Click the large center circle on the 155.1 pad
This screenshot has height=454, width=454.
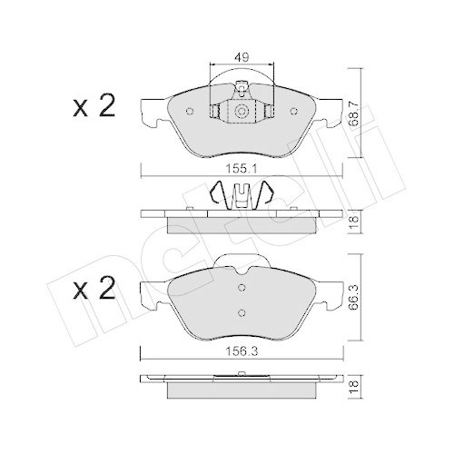(x=242, y=112)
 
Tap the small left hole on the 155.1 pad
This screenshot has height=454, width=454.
(x=190, y=112)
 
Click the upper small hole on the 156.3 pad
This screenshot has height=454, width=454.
(x=242, y=289)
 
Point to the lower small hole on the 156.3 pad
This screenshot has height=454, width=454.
(x=242, y=313)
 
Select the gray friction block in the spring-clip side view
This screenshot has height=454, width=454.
(x=242, y=225)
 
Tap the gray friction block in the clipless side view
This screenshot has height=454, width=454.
(x=242, y=390)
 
